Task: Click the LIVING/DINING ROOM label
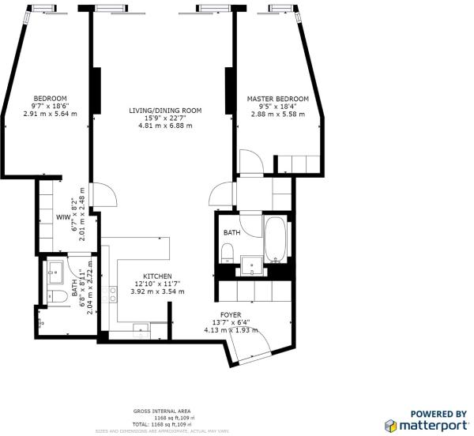pyautogui.click(x=166, y=110)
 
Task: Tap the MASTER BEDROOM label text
pyautogui.click(x=277, y=99)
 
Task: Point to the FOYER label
pyautogui.click(x=231, y=314)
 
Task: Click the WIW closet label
pyautogui.click(x=62, y=216)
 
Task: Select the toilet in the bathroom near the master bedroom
pyautogui.click(x=227, y=252)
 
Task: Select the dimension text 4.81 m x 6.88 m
pyautogui.click(x=166, y=125)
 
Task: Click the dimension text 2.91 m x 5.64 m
pyautogui.click(x=51, y=114)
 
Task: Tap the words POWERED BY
pyautogui.click(x=438, y=413)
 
